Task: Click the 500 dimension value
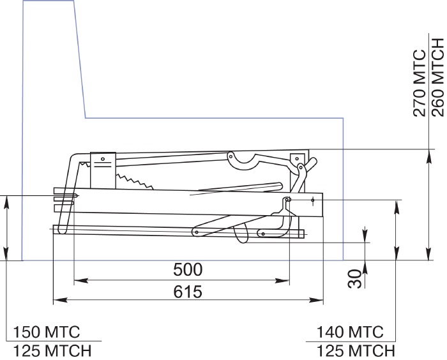pyautogui.click(x=188, y=269)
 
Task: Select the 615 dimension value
pyautogui.click(x=188, y=292)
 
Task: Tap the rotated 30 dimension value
pyautogui.click(x=355, y=279)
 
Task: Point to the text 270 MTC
pyautogui.click(x=420, y=83)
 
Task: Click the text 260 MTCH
pyautogui.click(x=438, y=77)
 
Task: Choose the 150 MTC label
pyautogui.click(x=47, y=332)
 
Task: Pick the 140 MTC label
pyautogui.click(x=350, y=332)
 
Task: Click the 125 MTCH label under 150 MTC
pyautogui.click(x=52, y=351)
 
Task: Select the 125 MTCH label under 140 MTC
pyautogui.click(x=356, y=351)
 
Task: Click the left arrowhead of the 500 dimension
pyautogui.click(x=80, y=281)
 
